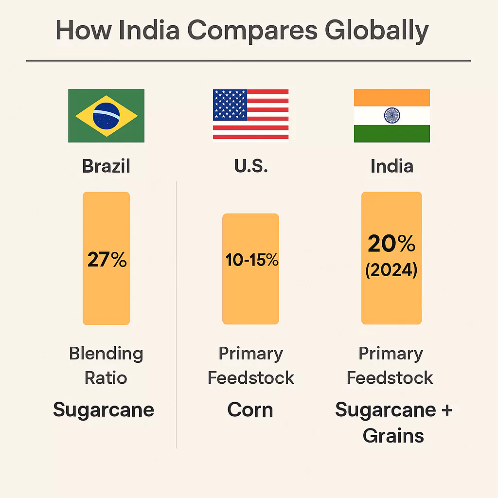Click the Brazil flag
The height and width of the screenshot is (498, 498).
(x=106, y=116)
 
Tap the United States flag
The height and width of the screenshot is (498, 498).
(x=250, y=115)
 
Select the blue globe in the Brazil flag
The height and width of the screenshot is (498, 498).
(x=106, y=116)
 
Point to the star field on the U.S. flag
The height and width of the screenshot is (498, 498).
(x=230, y=105)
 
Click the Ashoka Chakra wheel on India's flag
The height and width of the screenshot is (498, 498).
(x=392, y=116)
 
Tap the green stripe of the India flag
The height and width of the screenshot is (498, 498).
(x=392, y=133)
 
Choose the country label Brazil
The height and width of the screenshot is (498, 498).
(x=106, y=166)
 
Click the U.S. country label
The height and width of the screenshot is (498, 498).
(x=250, y=166)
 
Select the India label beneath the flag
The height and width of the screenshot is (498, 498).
(x=392, y=166)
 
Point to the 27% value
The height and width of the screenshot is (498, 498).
(x=107, y=260)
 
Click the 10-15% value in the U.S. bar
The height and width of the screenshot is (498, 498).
(x=251, y=260)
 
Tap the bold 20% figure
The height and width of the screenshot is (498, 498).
(x=391, y=244)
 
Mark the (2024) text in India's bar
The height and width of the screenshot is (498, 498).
(x=391, y=270)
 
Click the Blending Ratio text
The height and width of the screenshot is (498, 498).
(x=106, y=365)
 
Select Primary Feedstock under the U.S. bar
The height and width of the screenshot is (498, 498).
(x=251, y=365)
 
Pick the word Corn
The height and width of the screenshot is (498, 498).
(x=250, y=410)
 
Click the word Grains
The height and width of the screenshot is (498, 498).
(x=393, y=436)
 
